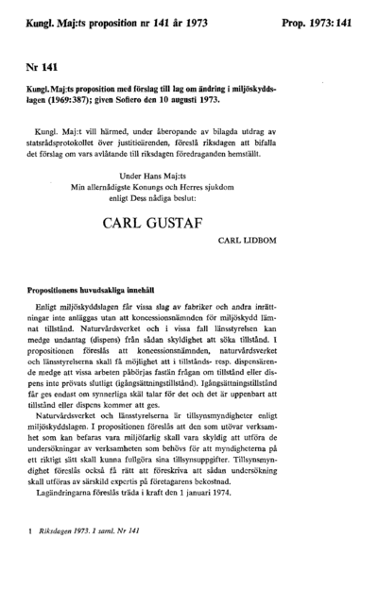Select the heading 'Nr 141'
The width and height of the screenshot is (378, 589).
click(41, 68)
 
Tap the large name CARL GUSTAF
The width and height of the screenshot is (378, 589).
click(189, 227)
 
